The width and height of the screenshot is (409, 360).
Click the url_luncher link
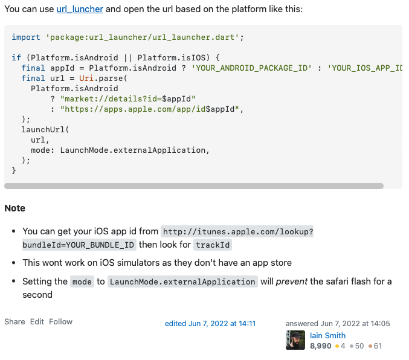pyautogui.click(x=80, y=9)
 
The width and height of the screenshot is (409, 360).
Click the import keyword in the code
pyautogui.click(x=26, y=37)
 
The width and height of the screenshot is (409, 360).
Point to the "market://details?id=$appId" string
pyautogui.click(x=128, y=98)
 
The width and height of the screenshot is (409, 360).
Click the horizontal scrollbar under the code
pyautogui.click(x=193, y=186)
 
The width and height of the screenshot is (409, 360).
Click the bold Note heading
pyautogui.click(x=15, y=208)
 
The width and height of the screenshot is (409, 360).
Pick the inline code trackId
pyautogui.click(x=213, y=245)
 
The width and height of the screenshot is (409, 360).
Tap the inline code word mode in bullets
pyautogui.click(x=82, y=281)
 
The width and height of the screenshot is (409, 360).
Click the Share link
pyautogui.click(x=14, y=322)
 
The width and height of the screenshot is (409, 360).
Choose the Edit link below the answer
pyautogui.click(x=37, y=322)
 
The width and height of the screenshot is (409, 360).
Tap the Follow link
pyautogui.click(x=60, y=322)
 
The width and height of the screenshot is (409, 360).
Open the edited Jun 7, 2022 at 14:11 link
pyautogui.click(x=210, y=324)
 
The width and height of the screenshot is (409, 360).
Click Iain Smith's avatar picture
pyautogui.click(x=295, y=340)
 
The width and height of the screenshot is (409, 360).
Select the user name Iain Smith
pyautogui.click(x=327, y=335)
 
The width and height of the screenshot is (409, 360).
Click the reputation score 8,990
pyautogui.click(x=320, y=346)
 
